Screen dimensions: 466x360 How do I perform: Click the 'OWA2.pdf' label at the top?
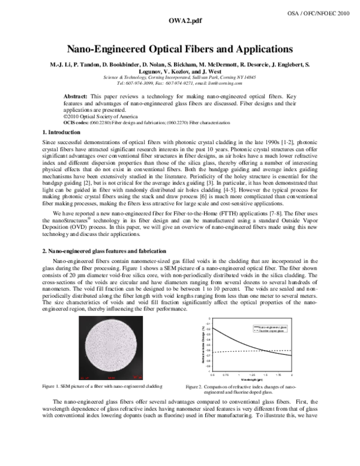coord(179,21)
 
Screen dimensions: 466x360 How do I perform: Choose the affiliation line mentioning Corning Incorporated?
coord(179,77)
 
